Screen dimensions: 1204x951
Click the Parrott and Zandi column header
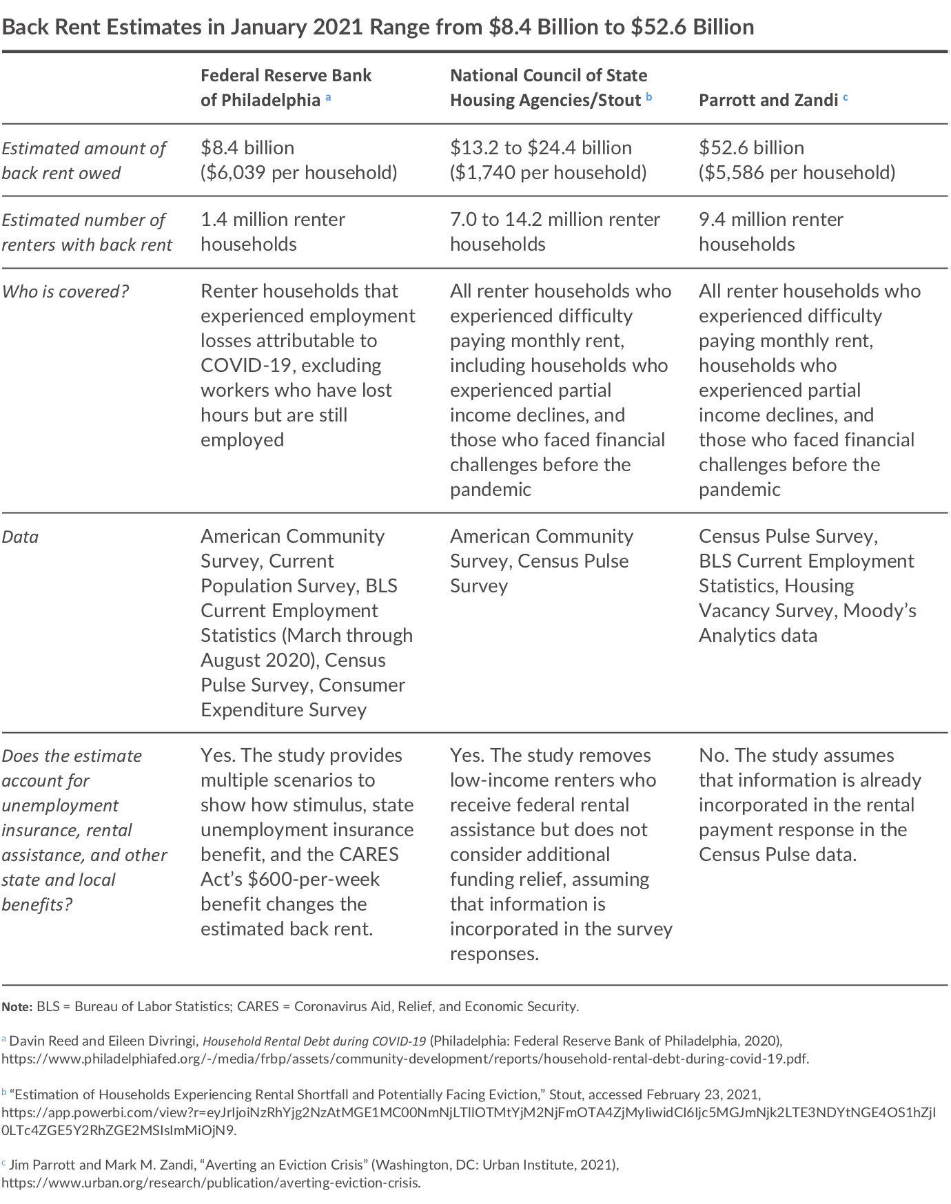768,101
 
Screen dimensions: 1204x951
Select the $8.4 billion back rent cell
247,148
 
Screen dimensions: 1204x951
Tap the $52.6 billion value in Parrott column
751,148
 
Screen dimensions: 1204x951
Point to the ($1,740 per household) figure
548,173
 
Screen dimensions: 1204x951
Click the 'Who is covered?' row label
65,292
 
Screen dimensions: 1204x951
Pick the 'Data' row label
20,537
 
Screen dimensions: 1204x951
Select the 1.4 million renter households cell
272,232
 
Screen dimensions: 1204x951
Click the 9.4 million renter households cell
770,232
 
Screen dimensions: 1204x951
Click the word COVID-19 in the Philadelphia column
244,366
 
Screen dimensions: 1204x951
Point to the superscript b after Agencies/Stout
648,97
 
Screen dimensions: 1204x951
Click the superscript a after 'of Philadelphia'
328,97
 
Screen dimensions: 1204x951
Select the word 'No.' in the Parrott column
713,756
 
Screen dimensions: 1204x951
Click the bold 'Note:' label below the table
17,1007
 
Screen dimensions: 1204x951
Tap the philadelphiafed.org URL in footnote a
405,1059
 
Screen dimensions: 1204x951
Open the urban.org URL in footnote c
210,1183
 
